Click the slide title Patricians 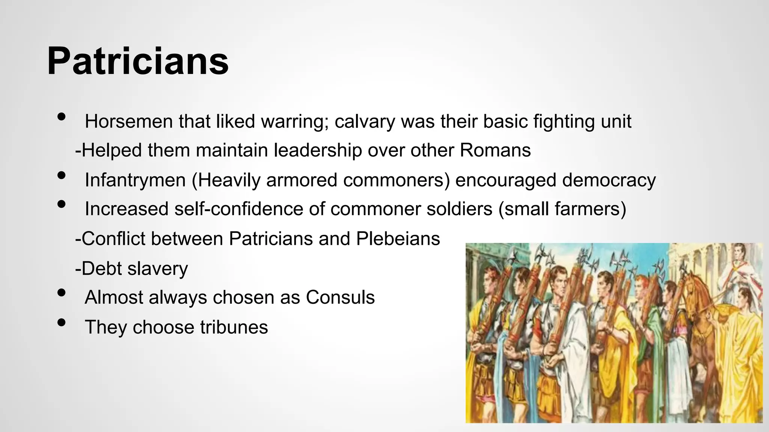click(138, 61)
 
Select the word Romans click(495, 150)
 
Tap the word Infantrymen click(135, 180)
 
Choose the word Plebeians click(398, 238)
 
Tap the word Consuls click(340, 297)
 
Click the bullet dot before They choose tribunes click(62, 322)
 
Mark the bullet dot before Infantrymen click(62, 175)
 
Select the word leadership click(317, 150)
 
